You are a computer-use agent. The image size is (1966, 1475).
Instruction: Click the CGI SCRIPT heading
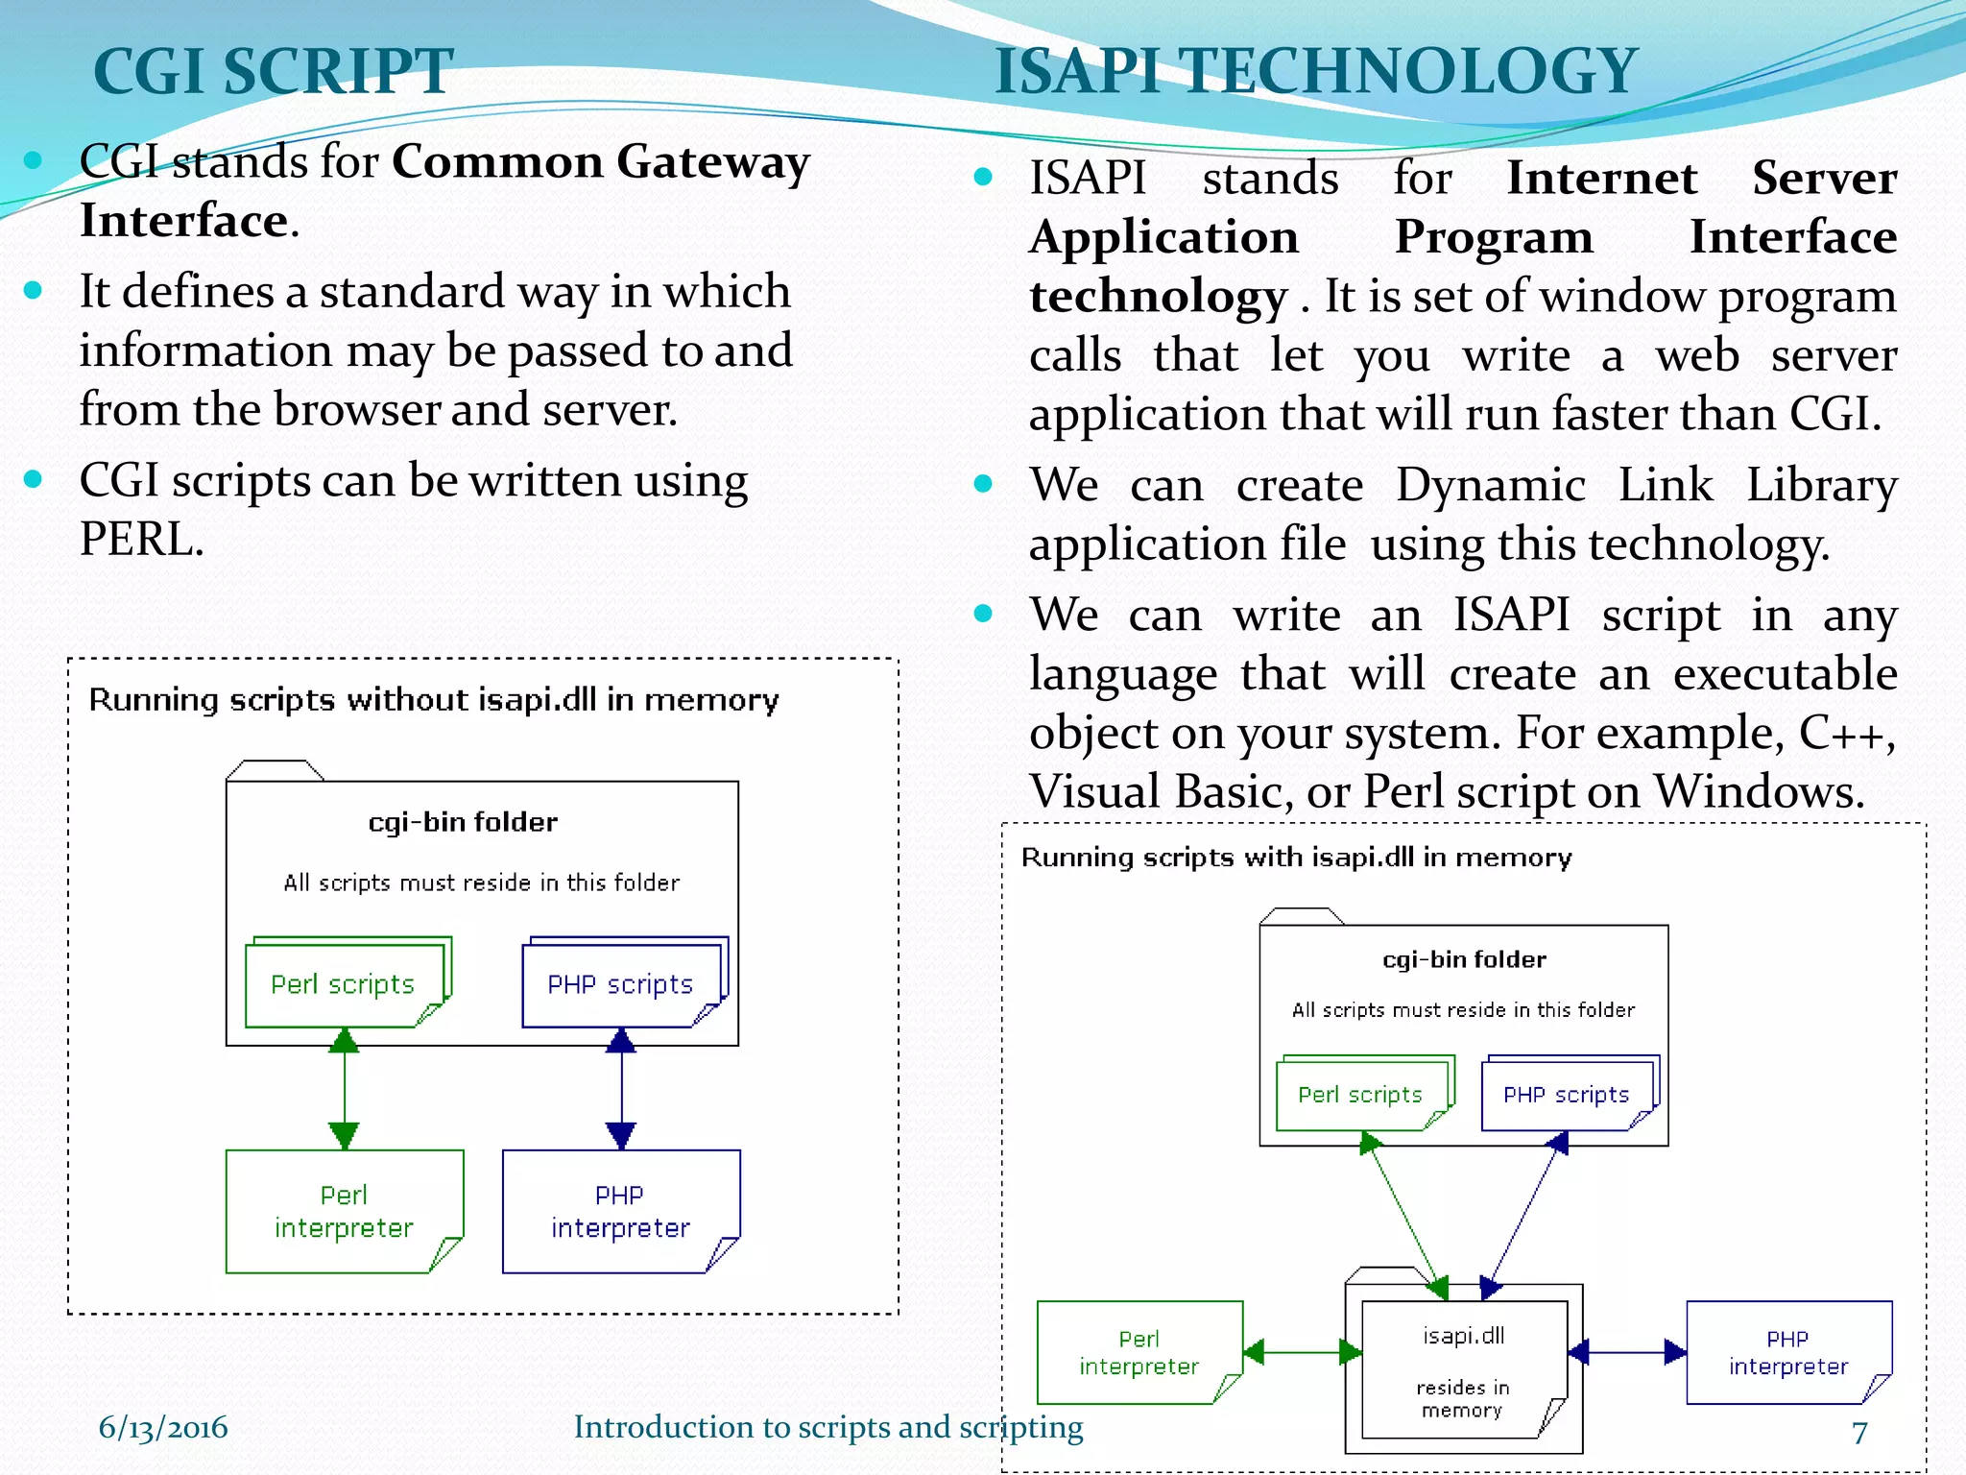click(x=273, y=71)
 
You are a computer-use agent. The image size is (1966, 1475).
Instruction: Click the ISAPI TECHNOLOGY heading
click(x=1315, y=71)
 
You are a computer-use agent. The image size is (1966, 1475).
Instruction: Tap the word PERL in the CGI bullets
click(x=140, y=540)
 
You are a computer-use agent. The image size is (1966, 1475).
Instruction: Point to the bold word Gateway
click(x=713, y=161)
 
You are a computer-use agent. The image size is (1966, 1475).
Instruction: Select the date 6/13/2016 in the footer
click(x=163, y=1427)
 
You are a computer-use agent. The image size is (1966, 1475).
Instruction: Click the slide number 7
click(x=1859, y=1432)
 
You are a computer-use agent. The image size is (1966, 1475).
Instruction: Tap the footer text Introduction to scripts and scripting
click(x=827, y=1427)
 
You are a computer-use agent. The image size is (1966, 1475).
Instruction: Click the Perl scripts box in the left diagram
click(x=344, y=984)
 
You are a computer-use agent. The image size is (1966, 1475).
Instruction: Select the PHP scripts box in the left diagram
click(x=620, y=984)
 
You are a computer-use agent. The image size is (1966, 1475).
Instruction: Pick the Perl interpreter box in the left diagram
click(x=344, y=1211)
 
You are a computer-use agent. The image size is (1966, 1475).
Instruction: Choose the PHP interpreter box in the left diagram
click(x=620, y=1211)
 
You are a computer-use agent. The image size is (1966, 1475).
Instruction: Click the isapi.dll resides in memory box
click(x=1463, y=1368)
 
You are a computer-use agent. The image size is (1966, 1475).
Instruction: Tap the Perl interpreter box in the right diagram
click(x=1139, y=1352)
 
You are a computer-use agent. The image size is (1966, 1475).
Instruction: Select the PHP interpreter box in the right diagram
click(x=1788, y=1352)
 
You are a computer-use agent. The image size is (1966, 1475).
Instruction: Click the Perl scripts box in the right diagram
click(x=1360, y=1095)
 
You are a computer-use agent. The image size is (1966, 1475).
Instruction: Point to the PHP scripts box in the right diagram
click(x=1566, y=1095)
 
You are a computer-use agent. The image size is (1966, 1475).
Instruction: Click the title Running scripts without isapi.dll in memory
click(x=434, y=700)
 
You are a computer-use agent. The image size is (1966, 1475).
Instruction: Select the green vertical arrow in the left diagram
click(x=344, y=1088)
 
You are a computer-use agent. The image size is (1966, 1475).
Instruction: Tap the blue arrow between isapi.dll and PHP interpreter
click(x=1627, y=1352)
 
